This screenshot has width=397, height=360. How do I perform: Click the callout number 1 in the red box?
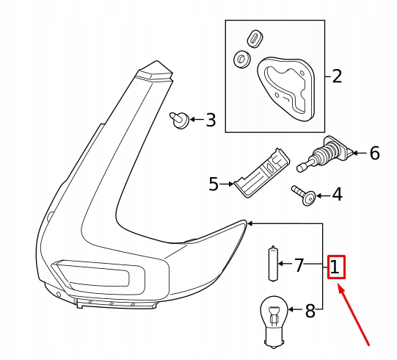click(x=335, y=267)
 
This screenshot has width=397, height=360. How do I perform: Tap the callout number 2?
click(x=337, y=76)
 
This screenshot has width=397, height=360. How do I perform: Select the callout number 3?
click(x=211, y=120)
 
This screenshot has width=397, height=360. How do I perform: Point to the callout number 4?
click(x=338, y=195)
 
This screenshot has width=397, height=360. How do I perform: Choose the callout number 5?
click(x=214, y=184)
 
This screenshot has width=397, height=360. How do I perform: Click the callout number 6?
click(x=375, y=153)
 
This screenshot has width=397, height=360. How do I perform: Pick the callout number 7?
click(x=299, y=265)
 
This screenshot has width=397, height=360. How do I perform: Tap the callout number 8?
click(x=310, y=311)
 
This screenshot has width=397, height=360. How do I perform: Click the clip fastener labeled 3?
click(x=179, y=120)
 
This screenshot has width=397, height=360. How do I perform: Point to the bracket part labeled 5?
click(x=262, y=173)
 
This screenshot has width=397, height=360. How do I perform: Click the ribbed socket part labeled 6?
click(x=324, y=154)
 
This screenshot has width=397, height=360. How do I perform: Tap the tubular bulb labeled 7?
click(x=273, y=264)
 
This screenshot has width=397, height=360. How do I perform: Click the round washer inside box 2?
click(x=242, y=60)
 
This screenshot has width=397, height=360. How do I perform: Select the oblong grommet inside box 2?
click(x=255, y=39)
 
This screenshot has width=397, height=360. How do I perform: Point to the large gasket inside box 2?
click(x=286, y=87)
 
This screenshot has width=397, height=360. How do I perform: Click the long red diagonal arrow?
click(x=354, y=315)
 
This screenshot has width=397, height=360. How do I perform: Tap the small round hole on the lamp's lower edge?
click(x=59, y=295)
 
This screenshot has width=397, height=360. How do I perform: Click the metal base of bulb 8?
click(x=274, y=339)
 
